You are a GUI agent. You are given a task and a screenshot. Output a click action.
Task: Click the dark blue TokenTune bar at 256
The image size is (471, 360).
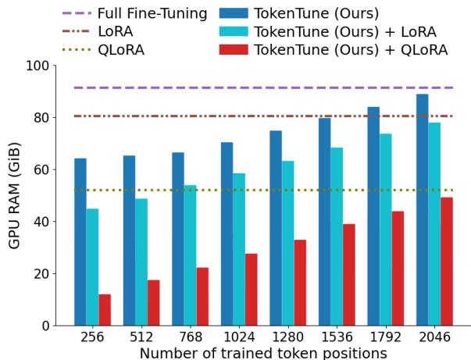pos(80,242)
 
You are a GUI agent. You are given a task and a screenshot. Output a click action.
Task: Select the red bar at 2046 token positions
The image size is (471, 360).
pos(447,262)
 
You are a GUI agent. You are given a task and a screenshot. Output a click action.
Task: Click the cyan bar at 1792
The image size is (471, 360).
pos(386,230)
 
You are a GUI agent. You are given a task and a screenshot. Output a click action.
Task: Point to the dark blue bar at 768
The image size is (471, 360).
pos(178,239)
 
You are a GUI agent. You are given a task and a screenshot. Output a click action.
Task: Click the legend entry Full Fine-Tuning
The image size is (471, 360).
pos(152,13)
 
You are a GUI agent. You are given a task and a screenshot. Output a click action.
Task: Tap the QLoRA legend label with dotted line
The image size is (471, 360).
pos(121,50)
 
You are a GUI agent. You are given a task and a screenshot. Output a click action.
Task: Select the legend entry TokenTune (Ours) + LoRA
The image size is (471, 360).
pos(344,32)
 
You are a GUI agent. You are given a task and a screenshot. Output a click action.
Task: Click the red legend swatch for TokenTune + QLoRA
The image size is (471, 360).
pos(233,50)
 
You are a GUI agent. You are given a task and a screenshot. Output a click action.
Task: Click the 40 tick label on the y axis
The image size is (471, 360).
pos(40,222)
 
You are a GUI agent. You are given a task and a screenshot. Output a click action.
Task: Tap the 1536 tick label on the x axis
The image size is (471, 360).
pos(337,337)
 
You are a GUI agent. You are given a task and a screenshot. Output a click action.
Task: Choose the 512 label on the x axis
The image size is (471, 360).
pos(141,337)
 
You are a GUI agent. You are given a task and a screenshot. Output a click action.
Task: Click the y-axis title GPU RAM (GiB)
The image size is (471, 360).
pos(15,195)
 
